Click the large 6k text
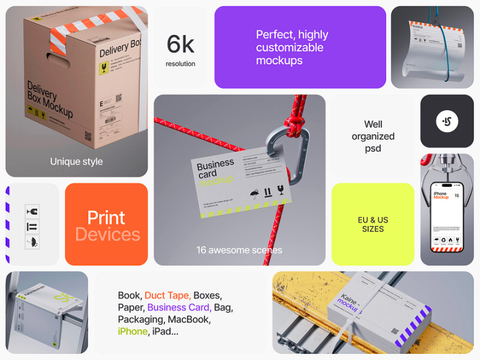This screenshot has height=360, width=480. (180, 44)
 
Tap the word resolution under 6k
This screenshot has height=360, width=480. (180, 64)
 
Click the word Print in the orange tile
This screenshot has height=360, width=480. (106, 217)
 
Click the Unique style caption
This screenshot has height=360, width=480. (76, 162)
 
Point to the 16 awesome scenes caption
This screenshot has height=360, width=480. (239, 250)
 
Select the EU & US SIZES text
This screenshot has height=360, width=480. (372, 224)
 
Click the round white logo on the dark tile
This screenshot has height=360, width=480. (447, 121)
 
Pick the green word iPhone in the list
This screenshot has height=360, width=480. (132, 331)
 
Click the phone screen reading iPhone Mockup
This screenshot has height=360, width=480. (447, 212)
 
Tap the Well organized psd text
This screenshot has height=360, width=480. (373, 136)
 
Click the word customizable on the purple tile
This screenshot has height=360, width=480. (289, 48)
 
